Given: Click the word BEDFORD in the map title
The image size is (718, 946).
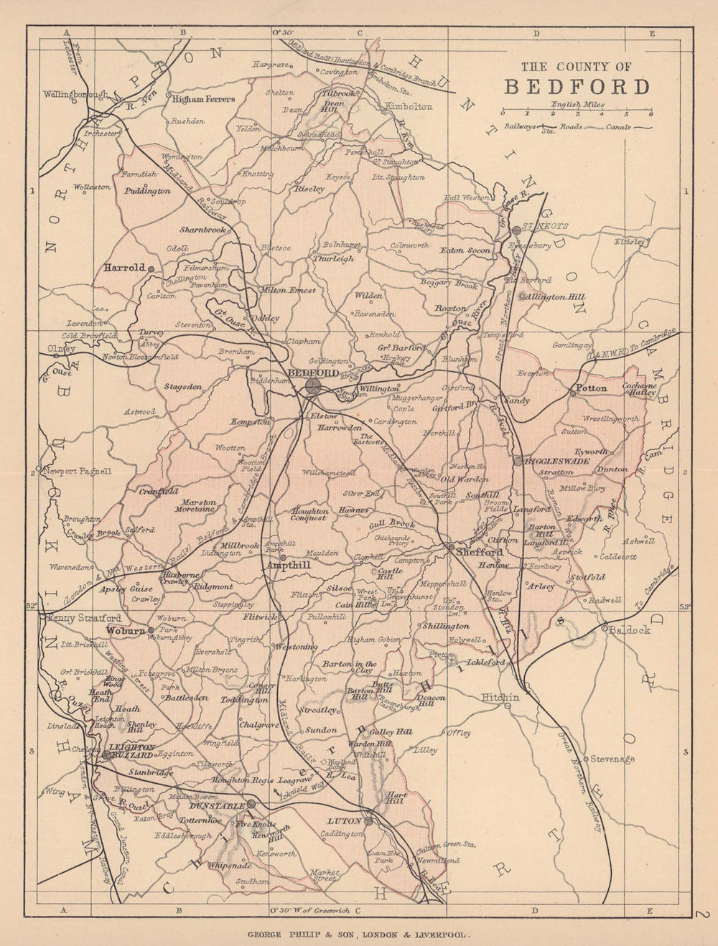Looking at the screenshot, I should point(577,87).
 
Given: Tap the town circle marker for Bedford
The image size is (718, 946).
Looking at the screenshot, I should point(313,386).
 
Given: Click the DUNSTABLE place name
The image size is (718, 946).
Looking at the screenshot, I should point(215,805).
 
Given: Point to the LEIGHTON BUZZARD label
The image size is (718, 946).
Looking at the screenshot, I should point(131,751).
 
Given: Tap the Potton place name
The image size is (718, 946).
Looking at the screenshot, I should point(592,388).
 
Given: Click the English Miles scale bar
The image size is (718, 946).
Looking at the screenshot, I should point(576,113).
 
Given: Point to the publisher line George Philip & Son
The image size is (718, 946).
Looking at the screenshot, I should point(358,935).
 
